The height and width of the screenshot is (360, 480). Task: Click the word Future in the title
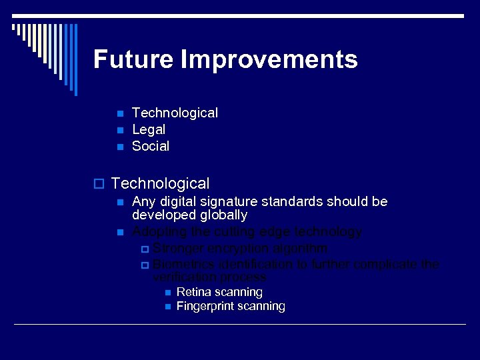[x=132, y=59]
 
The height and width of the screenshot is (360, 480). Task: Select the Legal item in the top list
[x=149, y=129]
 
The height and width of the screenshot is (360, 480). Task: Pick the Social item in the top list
[x=151, y=146]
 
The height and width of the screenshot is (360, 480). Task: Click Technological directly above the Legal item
[x=175, y=113]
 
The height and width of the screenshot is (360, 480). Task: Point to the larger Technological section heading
[x=160, y=183]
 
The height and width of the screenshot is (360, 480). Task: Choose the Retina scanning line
[x=219, y=292]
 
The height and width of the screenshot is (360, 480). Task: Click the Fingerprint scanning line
[x=231, y=307]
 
